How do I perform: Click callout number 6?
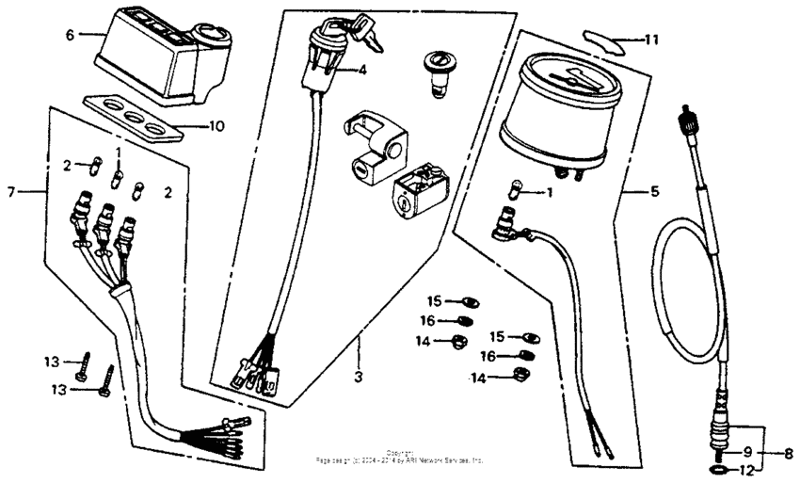pos(69,35)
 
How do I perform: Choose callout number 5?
pos(654,191)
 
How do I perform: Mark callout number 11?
pos(651,40)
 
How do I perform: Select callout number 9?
pos(745,451)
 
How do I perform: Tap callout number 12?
pos(745,468)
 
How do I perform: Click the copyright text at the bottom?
pos(400,458)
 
